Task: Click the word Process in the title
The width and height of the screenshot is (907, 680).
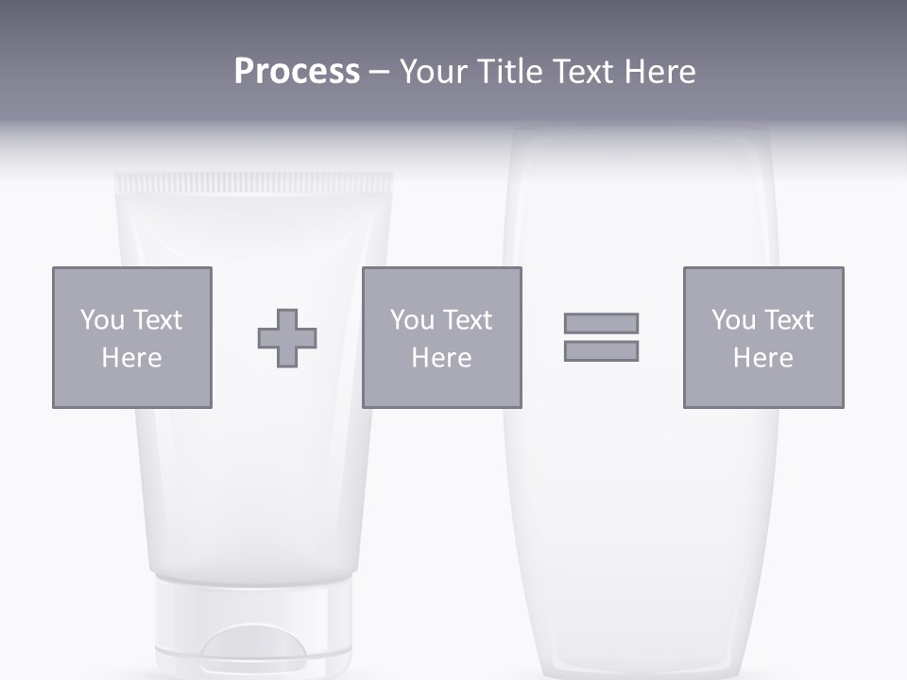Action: tap(297, 72)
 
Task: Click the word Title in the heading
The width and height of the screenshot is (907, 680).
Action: tap(508, 72)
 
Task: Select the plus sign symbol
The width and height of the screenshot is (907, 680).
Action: tap(287, 338)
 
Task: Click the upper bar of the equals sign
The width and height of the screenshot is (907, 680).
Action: tap(601, 323)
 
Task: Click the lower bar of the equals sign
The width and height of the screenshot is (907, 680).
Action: tap(601, 350)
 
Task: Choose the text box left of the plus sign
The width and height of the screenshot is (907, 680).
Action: tap(132, 337)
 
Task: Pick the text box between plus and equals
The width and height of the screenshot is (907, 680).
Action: tap(441, 337)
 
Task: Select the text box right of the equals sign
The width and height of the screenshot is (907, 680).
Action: tap(763, 337)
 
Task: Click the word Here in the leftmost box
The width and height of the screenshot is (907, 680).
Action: tap(131, 358)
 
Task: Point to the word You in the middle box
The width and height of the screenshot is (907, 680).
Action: tap(412, 320)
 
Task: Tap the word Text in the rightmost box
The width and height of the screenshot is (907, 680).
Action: tap(789, 320)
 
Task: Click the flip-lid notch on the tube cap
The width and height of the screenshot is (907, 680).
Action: tap(252, 652)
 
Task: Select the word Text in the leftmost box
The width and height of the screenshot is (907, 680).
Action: tap(158, 320)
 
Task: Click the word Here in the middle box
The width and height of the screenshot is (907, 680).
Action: tap(441, 358)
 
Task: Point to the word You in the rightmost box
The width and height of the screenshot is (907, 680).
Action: tap(733, 320)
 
